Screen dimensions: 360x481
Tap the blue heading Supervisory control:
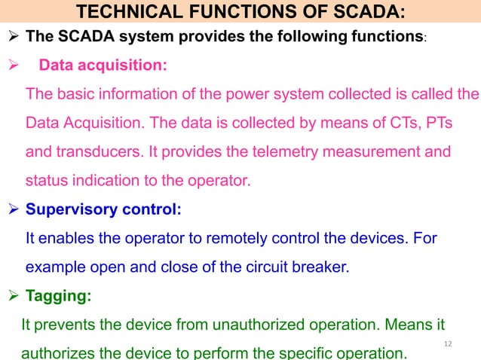[104, 210]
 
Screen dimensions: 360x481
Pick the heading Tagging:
[60, 297]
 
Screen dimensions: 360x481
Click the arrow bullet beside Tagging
[15, 297]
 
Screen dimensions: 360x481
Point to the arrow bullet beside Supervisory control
[15, 210]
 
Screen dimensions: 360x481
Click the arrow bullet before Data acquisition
[15, 66]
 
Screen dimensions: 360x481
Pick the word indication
[106, 182]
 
